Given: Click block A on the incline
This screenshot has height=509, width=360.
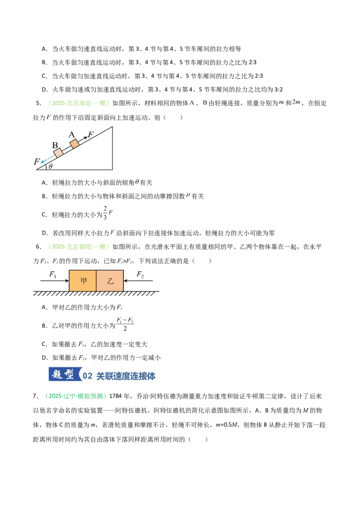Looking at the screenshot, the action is tap(74, 143).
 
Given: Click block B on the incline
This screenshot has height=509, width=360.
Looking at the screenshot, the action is tap(58, 152).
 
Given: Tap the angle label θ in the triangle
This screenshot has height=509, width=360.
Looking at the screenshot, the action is tap(50, 166).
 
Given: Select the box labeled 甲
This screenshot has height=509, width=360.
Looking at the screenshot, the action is tap(83, 281).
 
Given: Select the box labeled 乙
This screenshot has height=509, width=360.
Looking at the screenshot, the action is tap(110, 281).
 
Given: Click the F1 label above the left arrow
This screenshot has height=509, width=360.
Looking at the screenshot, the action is tap(53, 275).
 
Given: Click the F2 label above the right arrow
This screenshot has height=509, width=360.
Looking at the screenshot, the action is tap(140, 275).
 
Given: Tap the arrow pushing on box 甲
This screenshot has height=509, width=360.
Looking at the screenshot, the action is tap(54, 281).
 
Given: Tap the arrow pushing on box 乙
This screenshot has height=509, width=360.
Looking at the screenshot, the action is tap(138, 281).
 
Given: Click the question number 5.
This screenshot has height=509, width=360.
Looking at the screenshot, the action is tap(39, 103).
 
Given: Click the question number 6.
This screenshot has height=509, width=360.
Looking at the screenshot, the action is tap(39, 247).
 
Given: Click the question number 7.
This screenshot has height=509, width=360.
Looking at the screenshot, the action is tap(36, 396).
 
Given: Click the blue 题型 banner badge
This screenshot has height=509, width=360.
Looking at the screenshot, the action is tap(65, 375).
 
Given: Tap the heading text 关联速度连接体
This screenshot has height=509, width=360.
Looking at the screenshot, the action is tap(126, 376).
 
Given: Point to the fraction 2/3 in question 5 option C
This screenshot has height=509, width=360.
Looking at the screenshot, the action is tap(105, 213).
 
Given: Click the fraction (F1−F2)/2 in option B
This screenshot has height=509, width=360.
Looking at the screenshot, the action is tap(125, 324).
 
